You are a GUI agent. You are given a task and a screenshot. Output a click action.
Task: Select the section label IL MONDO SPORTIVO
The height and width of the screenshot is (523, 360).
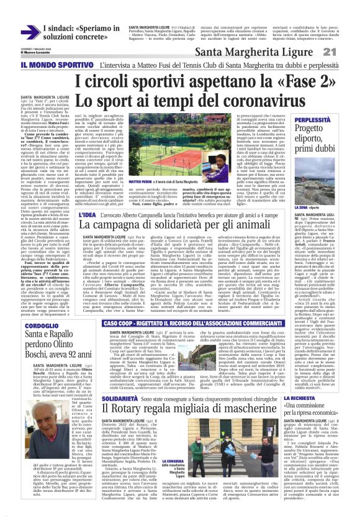[58, 64]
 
